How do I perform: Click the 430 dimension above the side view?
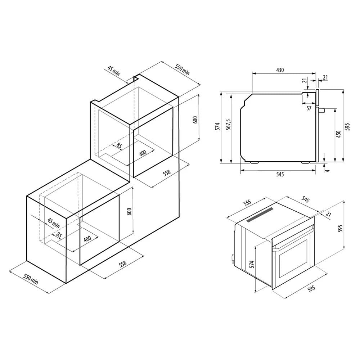point(280,70)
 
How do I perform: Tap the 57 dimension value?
point(309,108)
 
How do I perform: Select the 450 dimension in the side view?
point(338,134)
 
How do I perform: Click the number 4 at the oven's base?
point(328,171)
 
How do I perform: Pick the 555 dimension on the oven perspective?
point(247,203)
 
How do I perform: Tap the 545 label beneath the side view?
point(280,174)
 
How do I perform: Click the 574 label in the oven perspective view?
point(252,264)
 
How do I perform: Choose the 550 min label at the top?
point(183,69)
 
